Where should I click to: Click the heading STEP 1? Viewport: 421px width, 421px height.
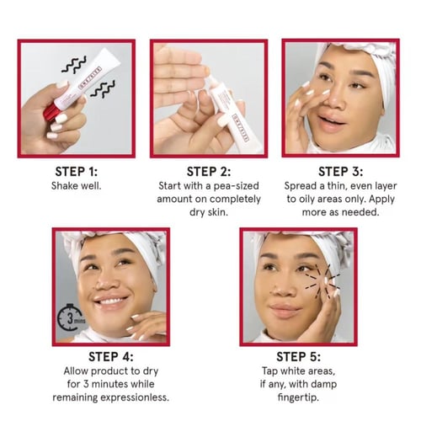[x=77, y=172]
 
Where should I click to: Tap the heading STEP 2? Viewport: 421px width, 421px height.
[x=209, y=172]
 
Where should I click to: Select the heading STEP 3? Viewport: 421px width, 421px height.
[x=340, y=172]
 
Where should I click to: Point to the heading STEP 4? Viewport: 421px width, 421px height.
[x=111, y=357]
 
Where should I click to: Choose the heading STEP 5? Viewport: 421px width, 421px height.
[x=298, y=357]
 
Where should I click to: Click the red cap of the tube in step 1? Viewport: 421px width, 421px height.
[x=51, y=111]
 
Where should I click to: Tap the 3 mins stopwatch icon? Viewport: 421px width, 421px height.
[x=70, y=317]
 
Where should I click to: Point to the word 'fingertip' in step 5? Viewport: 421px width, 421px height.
[x=298, y=397]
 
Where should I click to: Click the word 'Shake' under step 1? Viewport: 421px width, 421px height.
[x=63, y=186]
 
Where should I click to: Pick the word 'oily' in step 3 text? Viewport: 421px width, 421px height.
[x=307, y=200]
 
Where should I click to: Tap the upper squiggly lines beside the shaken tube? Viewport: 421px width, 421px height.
[x=74, y=65]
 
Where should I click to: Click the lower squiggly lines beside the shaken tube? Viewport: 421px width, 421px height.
[x=103, y=89]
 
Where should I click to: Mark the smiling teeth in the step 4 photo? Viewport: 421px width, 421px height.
[x=110, y=301]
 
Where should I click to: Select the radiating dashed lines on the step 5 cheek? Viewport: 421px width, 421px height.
[x=322, y=280]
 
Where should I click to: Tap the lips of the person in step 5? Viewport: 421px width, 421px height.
[x=284, y=310]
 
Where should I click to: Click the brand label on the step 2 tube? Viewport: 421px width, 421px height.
[x=241, y=127]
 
